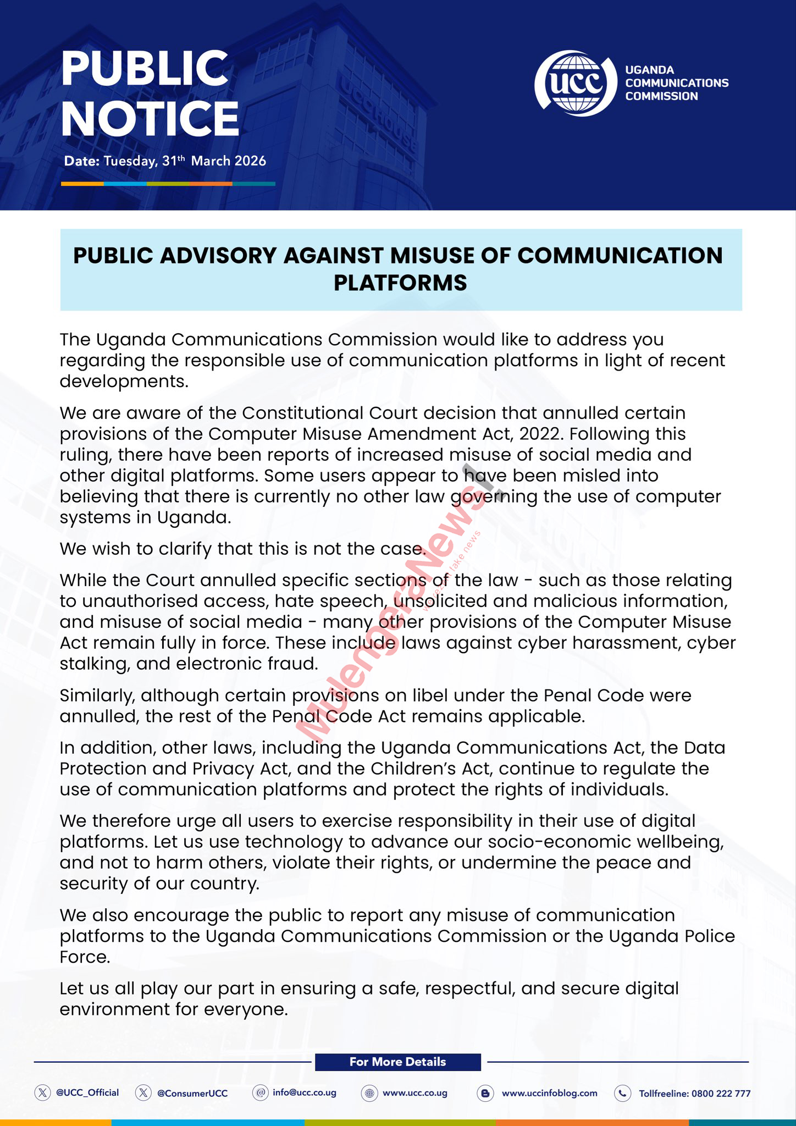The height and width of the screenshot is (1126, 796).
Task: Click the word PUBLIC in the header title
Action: (x=145, y=68)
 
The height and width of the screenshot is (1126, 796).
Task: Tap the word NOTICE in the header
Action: (x=150, y=119)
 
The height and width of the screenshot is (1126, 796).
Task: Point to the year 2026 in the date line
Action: (x=250, y=161)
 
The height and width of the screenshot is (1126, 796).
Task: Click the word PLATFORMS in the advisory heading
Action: (x=400, y=283)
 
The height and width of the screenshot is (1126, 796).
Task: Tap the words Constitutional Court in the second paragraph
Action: (x=332, y=413)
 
